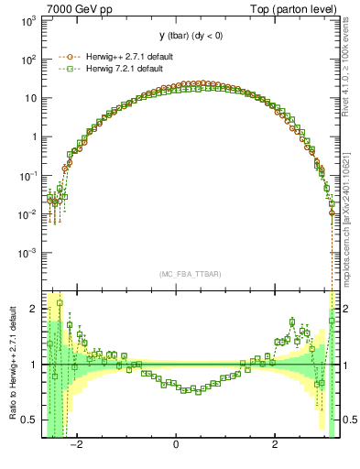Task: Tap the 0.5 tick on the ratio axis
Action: coord(29,420)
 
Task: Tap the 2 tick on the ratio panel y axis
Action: coord(33,309)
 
